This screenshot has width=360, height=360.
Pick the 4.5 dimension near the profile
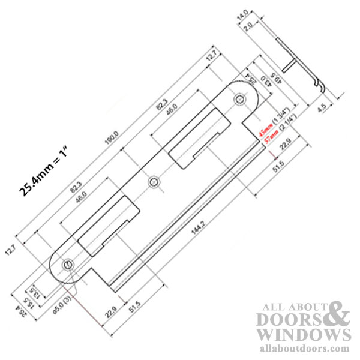click(322, 108)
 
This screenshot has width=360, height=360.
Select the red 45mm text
click(262, 130)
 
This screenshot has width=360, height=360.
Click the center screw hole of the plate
click(154, 181)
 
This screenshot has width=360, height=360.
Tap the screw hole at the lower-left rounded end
click(68, 263)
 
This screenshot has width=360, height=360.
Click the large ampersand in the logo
click(337, 313)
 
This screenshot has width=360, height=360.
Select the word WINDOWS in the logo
click(304, 334)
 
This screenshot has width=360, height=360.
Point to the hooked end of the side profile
click(323, 90)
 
